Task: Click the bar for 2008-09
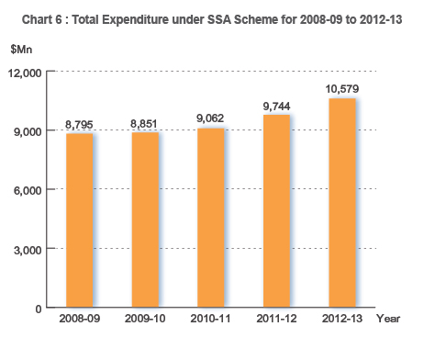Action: [81, 220]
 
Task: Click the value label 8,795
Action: [81, 124]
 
